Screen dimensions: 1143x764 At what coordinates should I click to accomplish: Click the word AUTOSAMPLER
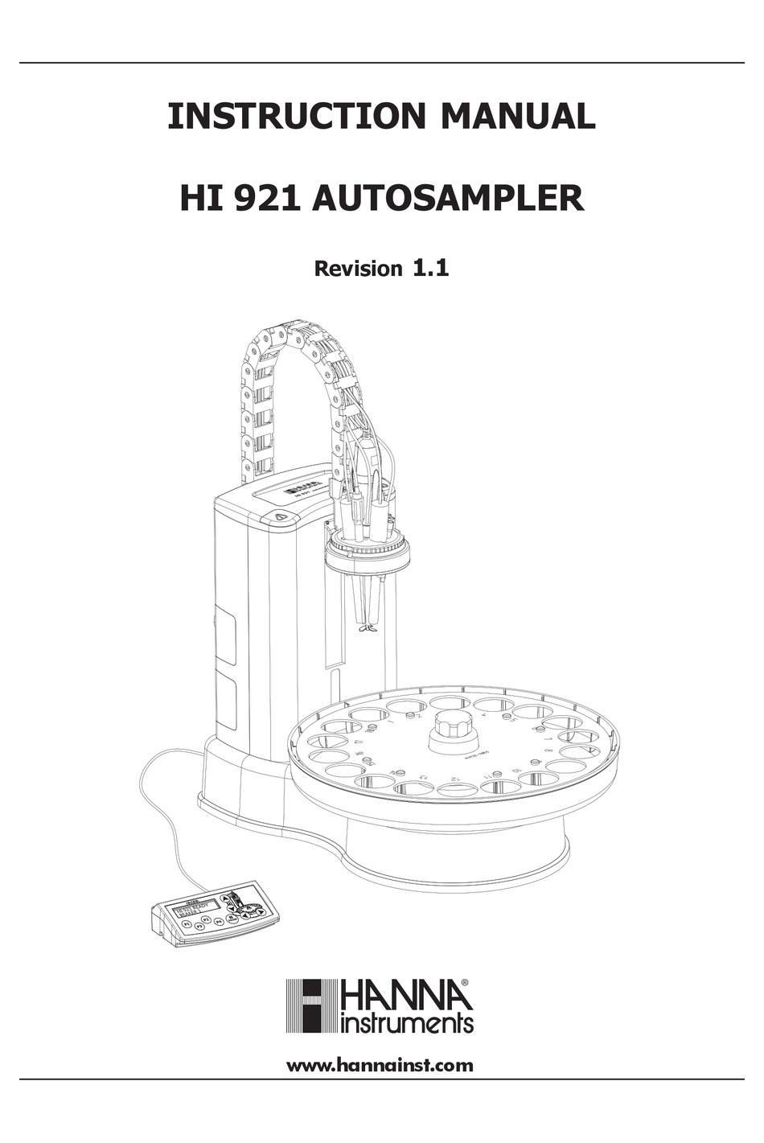[x=447, y=198]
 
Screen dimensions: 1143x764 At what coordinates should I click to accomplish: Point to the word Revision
[x=357, y=269]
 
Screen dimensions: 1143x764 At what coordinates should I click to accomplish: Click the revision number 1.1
[x=430, y=268]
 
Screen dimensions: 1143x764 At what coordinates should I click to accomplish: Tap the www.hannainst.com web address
[x=380, y=1066]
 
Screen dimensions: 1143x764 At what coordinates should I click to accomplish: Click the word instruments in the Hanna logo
[x=408, y=1023]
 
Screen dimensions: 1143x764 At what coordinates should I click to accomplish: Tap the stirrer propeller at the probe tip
[x=368, y=628]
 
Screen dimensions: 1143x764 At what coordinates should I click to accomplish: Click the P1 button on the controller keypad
[x=187, y=924]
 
